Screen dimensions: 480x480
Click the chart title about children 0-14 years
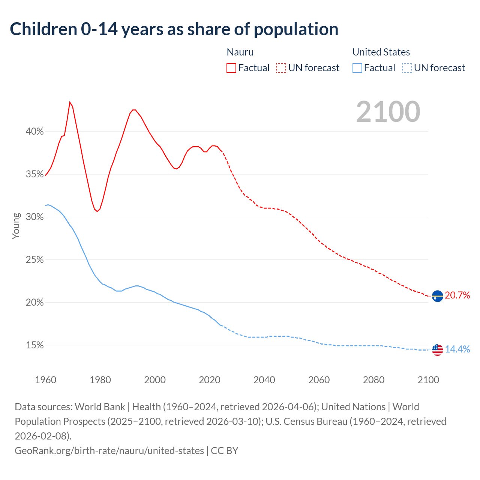coord(174,29)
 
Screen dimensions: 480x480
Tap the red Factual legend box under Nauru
coord(231,68)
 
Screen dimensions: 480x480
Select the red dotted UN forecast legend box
coord(281,68)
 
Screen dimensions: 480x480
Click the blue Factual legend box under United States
coord(357,68)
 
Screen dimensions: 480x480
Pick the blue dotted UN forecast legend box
coord(407,68)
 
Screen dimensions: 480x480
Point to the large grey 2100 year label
coord(388,112)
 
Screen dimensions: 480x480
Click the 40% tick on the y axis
coord(34,132)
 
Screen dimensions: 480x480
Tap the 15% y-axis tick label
coord(34,345)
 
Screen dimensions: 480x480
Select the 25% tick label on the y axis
coord(34,260)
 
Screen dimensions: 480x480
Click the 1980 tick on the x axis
coord(100,380)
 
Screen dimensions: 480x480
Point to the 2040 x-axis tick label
coord(264,380)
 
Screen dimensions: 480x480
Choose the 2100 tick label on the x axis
coord(428,380)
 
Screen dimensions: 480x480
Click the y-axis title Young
coord(16,226)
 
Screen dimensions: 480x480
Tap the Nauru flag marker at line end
coord(437,296)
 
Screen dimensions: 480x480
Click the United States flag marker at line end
coord(437,350)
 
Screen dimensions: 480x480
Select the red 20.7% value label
coord(457,295)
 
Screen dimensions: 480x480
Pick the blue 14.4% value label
coord(457,349)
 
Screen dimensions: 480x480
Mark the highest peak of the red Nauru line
coord(70,102)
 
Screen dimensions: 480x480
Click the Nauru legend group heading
coord(240,52)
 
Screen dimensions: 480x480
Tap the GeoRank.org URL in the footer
coord(109,450)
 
